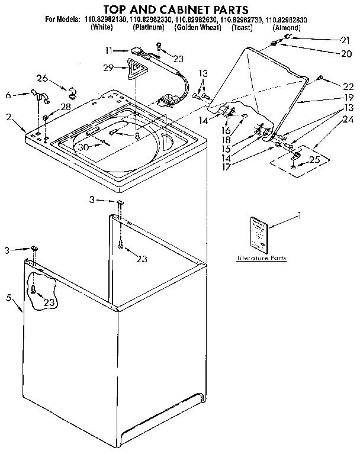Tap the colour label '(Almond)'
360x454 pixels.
(287, 28)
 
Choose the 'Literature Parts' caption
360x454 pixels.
(261, 259)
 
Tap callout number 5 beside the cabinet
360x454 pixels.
(8, 297)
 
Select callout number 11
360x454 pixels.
(108, 51)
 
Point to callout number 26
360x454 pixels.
(42, 78)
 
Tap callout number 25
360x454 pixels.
(313, 160)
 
